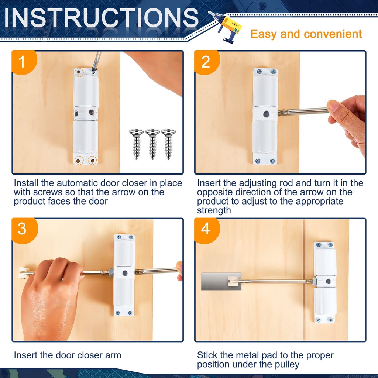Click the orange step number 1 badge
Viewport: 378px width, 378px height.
point(24,62)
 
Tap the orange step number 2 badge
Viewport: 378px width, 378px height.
point(206,62)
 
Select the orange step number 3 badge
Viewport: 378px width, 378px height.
point(24,230)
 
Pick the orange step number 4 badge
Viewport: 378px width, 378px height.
point(207,230)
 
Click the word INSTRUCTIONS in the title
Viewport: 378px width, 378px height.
point(102,18)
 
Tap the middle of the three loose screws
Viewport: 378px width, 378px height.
point(152,144)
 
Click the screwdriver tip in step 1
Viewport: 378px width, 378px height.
point(93,71)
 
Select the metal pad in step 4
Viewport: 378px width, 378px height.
point(221,281)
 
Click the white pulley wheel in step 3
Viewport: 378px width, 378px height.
point(24,273)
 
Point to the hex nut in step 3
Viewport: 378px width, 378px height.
point(111,273)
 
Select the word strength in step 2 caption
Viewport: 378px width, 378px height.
point(214,210)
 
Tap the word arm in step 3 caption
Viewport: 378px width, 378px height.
point(113,355)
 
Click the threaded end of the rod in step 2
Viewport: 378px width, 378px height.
point(283,113)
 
